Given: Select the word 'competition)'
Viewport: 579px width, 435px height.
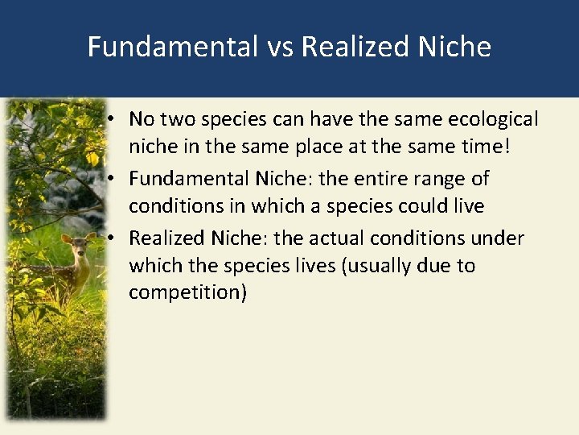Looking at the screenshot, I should [x=187, y=292].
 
